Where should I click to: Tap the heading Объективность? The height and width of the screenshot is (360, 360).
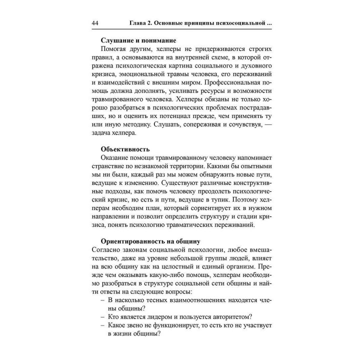pyautogui.click(x=125, y=149)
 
